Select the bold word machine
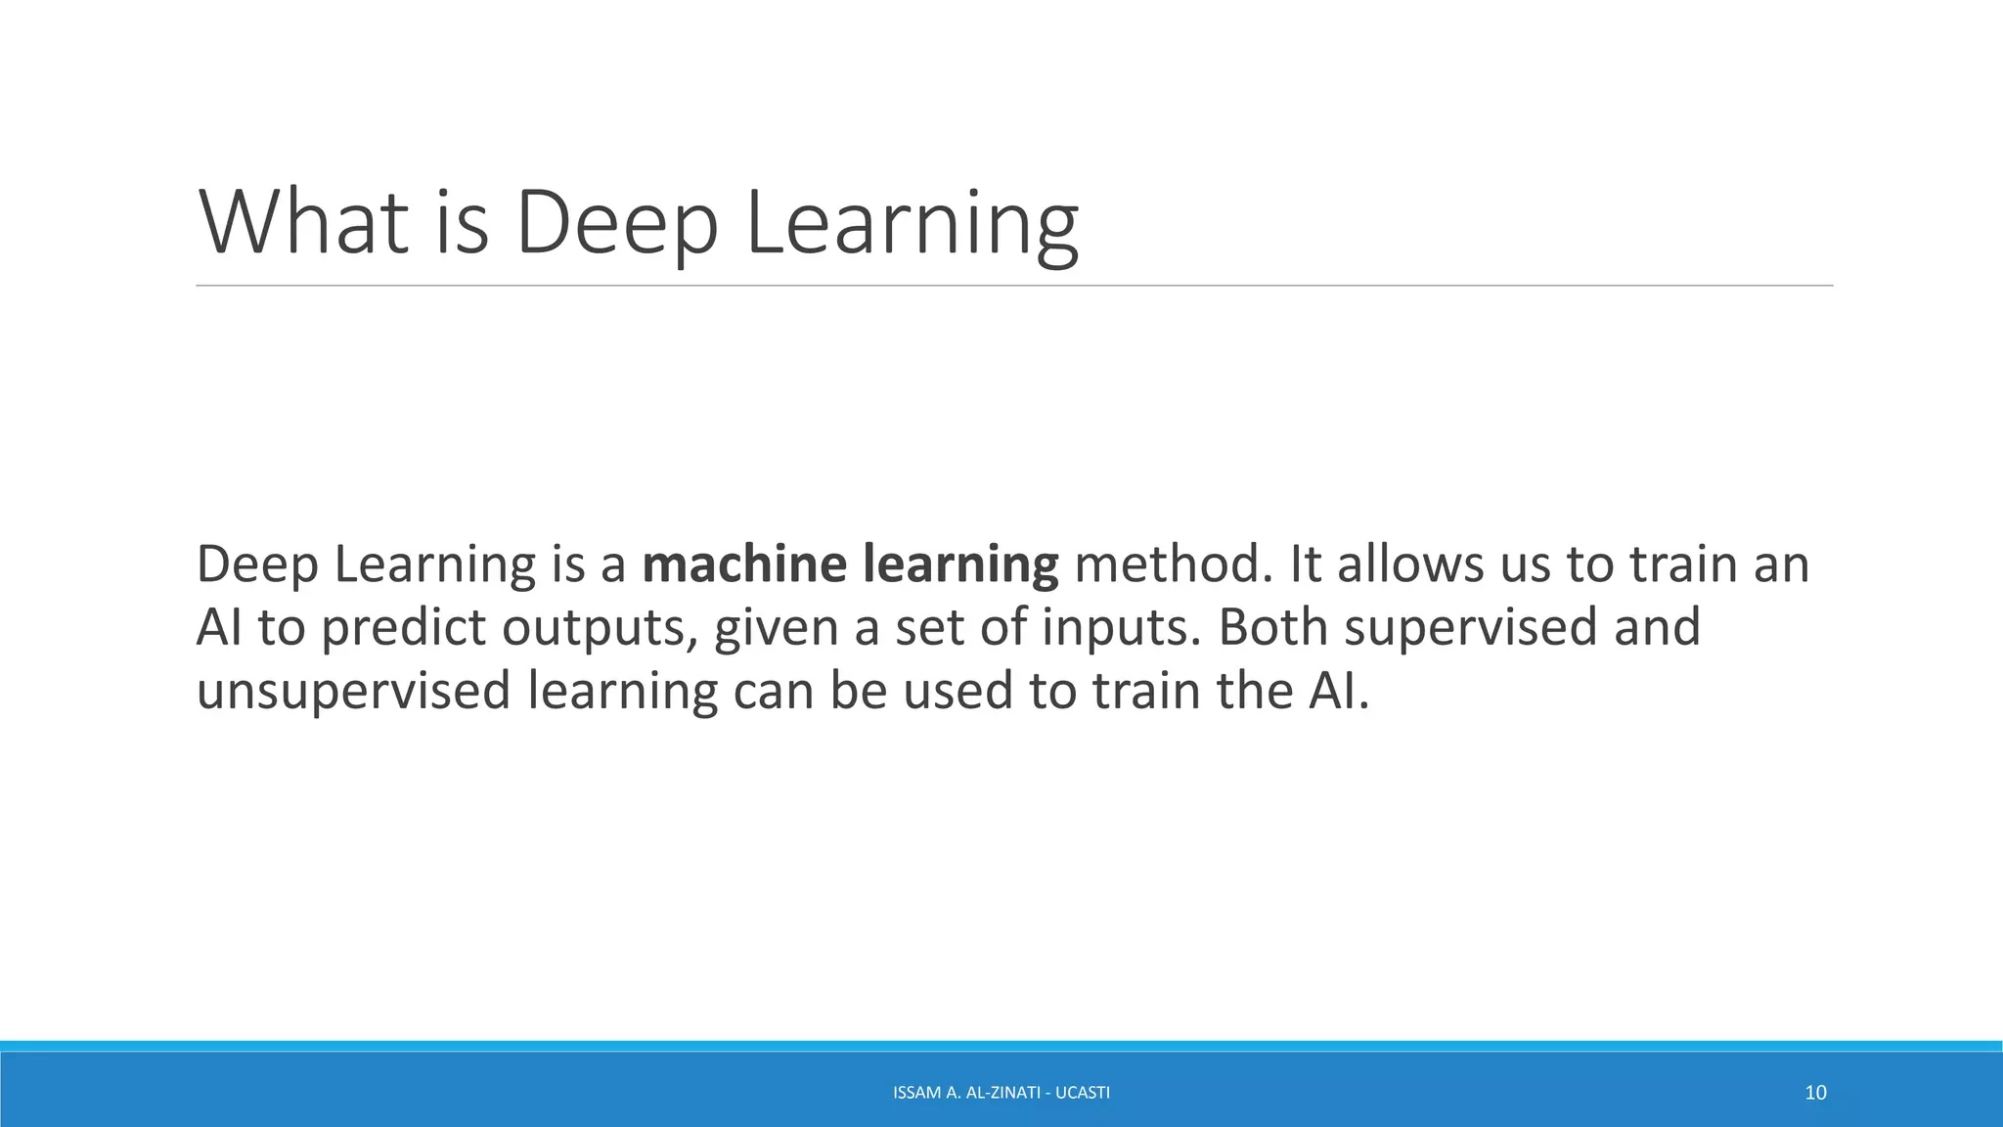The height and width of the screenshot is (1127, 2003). [x=744, y=564]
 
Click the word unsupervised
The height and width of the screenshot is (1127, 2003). [x=353, y=691]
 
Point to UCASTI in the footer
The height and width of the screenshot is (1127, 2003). [x=1083, y=1093]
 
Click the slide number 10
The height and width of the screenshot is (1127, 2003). [x=1815, y=1093]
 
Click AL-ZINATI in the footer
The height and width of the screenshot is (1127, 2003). [x=1002, y=1093]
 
